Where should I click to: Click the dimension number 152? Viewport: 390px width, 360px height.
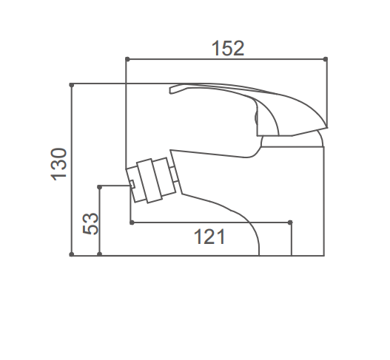(x=228, y=48)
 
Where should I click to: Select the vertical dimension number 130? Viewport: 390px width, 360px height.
(x=59, y=164)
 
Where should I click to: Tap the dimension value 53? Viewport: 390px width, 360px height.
(x=90, y=223)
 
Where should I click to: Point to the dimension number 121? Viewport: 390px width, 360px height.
(x=209, y=237)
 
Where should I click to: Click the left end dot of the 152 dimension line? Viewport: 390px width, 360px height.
(x=127, y=59)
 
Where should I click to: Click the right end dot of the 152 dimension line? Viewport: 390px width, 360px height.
(x=326, y=59)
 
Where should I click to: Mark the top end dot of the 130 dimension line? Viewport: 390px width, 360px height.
(x=72, y=85)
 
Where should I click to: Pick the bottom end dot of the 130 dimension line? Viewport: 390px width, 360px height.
(x=72, y=254)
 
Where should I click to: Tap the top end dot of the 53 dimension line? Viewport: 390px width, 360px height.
(x=99, y=187)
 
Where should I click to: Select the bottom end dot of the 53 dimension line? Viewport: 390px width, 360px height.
(x=99, y=254)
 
